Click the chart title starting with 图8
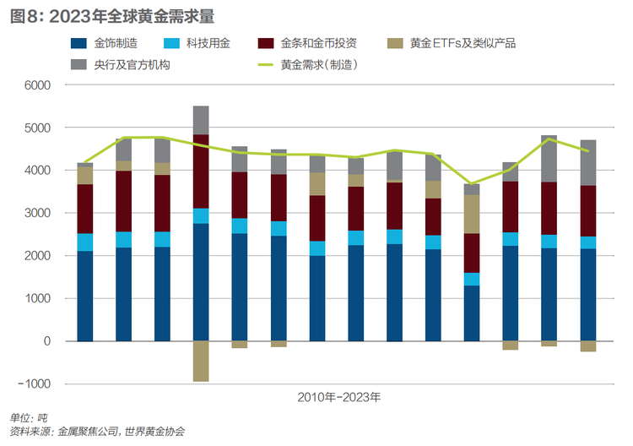tap(112, 17)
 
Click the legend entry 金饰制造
tap(104, 43)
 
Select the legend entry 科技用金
tap(197, 43)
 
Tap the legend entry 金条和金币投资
tap(307, 43)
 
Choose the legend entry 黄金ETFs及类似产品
tap(452, 43)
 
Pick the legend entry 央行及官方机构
tap(121, 65)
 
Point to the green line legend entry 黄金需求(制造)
tap(307, 65)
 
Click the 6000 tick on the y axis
tap(37, 85)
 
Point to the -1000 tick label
tap(35, 383)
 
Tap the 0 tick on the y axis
tap(47, 341)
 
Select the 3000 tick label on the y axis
tap(37, 213)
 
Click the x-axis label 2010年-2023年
tap(339, 398)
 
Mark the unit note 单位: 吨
tap(28, 418)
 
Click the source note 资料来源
tap(97, 432)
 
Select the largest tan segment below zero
tap(201, 362)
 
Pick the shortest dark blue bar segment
tap(472, 313)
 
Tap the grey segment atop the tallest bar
tap(201, 121)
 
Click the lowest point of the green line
tap(472, 184)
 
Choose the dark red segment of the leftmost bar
tap(84, 209)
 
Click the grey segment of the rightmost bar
tap(587, 163)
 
